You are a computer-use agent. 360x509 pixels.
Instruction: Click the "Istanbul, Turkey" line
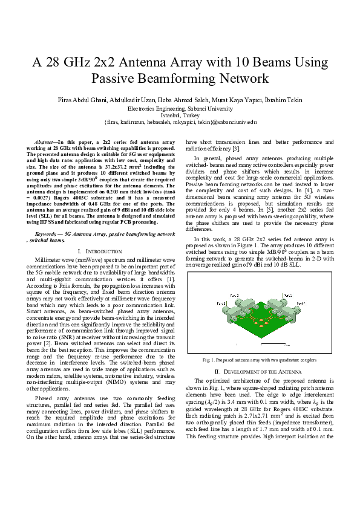[x=180, y=114]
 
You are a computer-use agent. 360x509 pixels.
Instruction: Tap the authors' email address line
[x=180, y=122]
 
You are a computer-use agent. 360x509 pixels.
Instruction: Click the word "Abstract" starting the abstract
[x=46, y=141]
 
